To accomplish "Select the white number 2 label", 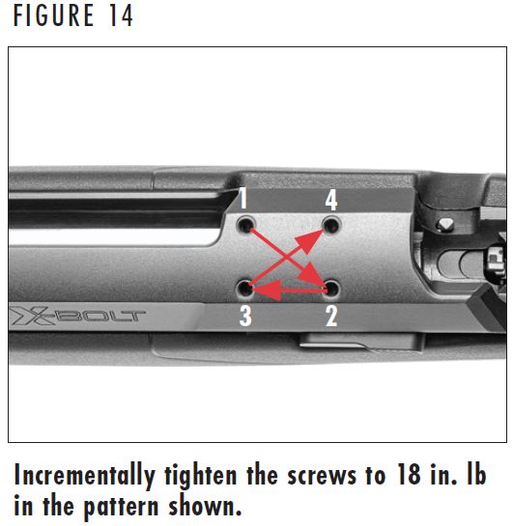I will [331, 315].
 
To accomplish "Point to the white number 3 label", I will [245, 315].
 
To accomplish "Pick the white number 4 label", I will [331, 200].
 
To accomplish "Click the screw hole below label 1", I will [247, 225].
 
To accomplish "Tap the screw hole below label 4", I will [332, 225].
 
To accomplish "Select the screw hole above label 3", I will [247, 288].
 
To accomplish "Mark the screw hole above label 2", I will [332, 288].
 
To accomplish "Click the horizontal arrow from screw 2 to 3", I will [290, 288].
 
